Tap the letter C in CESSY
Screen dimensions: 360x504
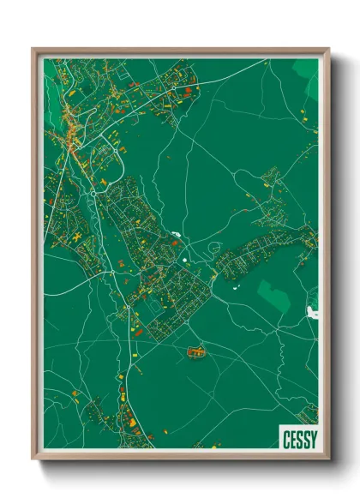[285, 438]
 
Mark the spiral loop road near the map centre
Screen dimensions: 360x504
[213, 249]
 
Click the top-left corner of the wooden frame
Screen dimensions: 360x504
[33, 50]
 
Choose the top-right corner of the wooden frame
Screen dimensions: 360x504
[328, 50]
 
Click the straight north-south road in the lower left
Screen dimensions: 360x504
[120, 377]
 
